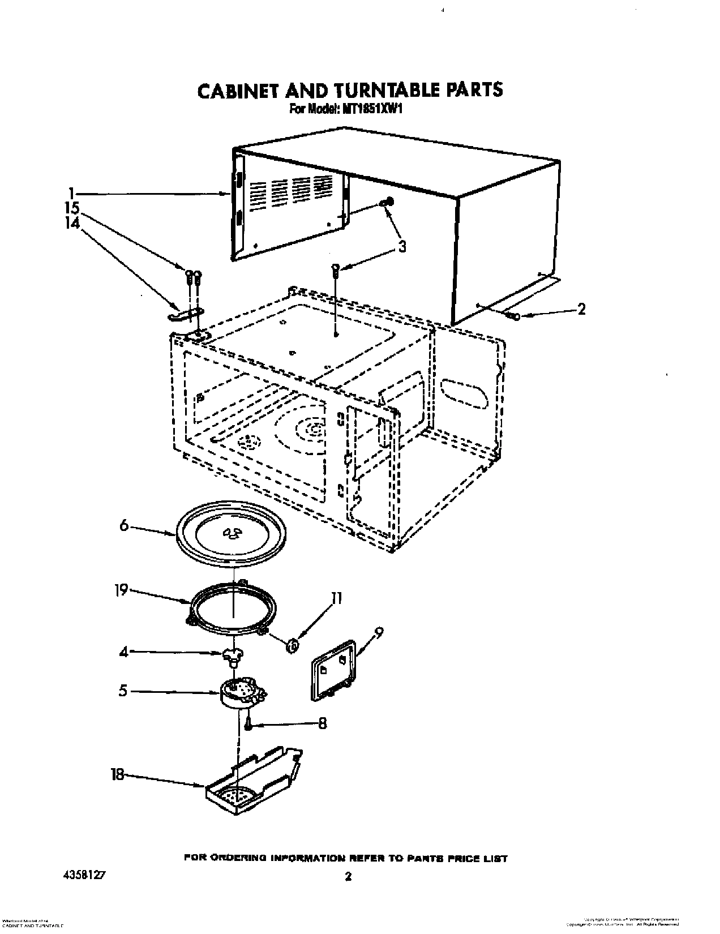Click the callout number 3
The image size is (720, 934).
coord(402,247)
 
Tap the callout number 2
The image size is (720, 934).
coord(581,309)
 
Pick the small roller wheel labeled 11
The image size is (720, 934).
coord(293,644)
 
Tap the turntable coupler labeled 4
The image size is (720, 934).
coord(231,657)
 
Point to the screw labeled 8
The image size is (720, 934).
coord(248,724)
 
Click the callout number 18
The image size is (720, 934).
coord(117,774)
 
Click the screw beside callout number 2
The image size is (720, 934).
coord(513,316)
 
